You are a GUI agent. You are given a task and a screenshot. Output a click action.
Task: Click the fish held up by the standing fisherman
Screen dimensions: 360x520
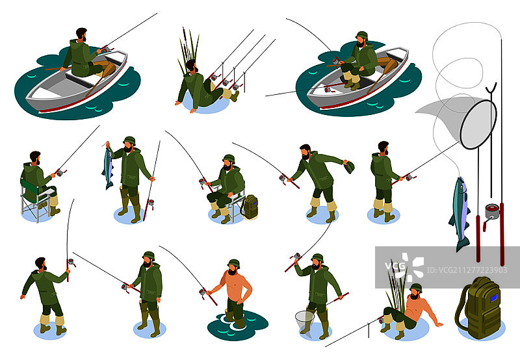pos(108,168)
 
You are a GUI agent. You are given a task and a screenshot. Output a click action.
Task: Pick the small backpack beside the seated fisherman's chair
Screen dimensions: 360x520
pos(249,207)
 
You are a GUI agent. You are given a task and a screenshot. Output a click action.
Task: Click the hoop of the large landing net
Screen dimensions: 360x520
pos(478,123)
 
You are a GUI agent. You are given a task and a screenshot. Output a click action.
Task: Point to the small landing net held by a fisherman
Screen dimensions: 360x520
pos(304,318)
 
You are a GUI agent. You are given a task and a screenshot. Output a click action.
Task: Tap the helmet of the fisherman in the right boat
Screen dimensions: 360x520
pos(361,35)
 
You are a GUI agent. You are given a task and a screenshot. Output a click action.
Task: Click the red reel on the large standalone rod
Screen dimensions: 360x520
pos(492,211)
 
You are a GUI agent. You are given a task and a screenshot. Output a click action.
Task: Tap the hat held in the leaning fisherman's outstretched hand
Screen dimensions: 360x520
pos(349,167)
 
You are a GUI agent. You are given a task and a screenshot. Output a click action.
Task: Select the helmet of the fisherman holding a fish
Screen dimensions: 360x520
pos(129,140)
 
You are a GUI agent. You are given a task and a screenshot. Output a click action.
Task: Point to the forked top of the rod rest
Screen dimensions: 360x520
pos(492,88)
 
